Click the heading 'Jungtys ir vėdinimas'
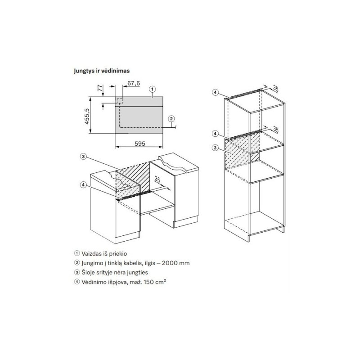(102, 71)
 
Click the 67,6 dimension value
(134, 83)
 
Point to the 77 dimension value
(100, 88)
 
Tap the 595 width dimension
(140, 144)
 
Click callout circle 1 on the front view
(153, 89)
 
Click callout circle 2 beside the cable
(171, 119)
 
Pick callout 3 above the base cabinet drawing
(83, 157)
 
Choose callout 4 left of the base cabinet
(83, 184)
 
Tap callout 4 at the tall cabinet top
(215, 92)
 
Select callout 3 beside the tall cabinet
(215, 148)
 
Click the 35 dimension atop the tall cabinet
(275, 89)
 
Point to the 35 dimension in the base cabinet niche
(157, 179)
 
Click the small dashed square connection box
(120, 100)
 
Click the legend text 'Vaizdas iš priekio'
(104, 254)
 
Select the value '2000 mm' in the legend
(175, 263)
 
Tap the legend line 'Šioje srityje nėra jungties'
(115, 273)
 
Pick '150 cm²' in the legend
(154, 282)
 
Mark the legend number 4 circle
(77, 282)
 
